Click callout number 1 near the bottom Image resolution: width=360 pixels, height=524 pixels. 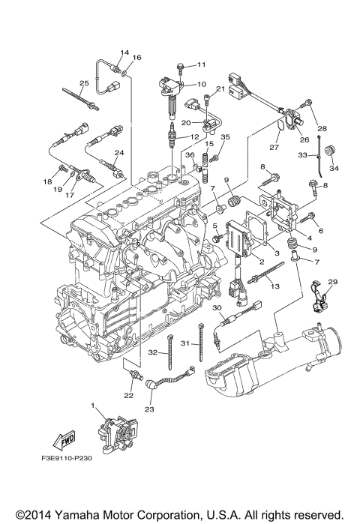click(94, 406)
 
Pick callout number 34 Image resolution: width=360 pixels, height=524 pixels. click(334, 169)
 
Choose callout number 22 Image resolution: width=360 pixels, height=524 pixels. click(129, 396)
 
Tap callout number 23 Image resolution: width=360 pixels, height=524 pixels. click(148, 409)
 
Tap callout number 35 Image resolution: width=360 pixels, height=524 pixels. click(224, 137)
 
